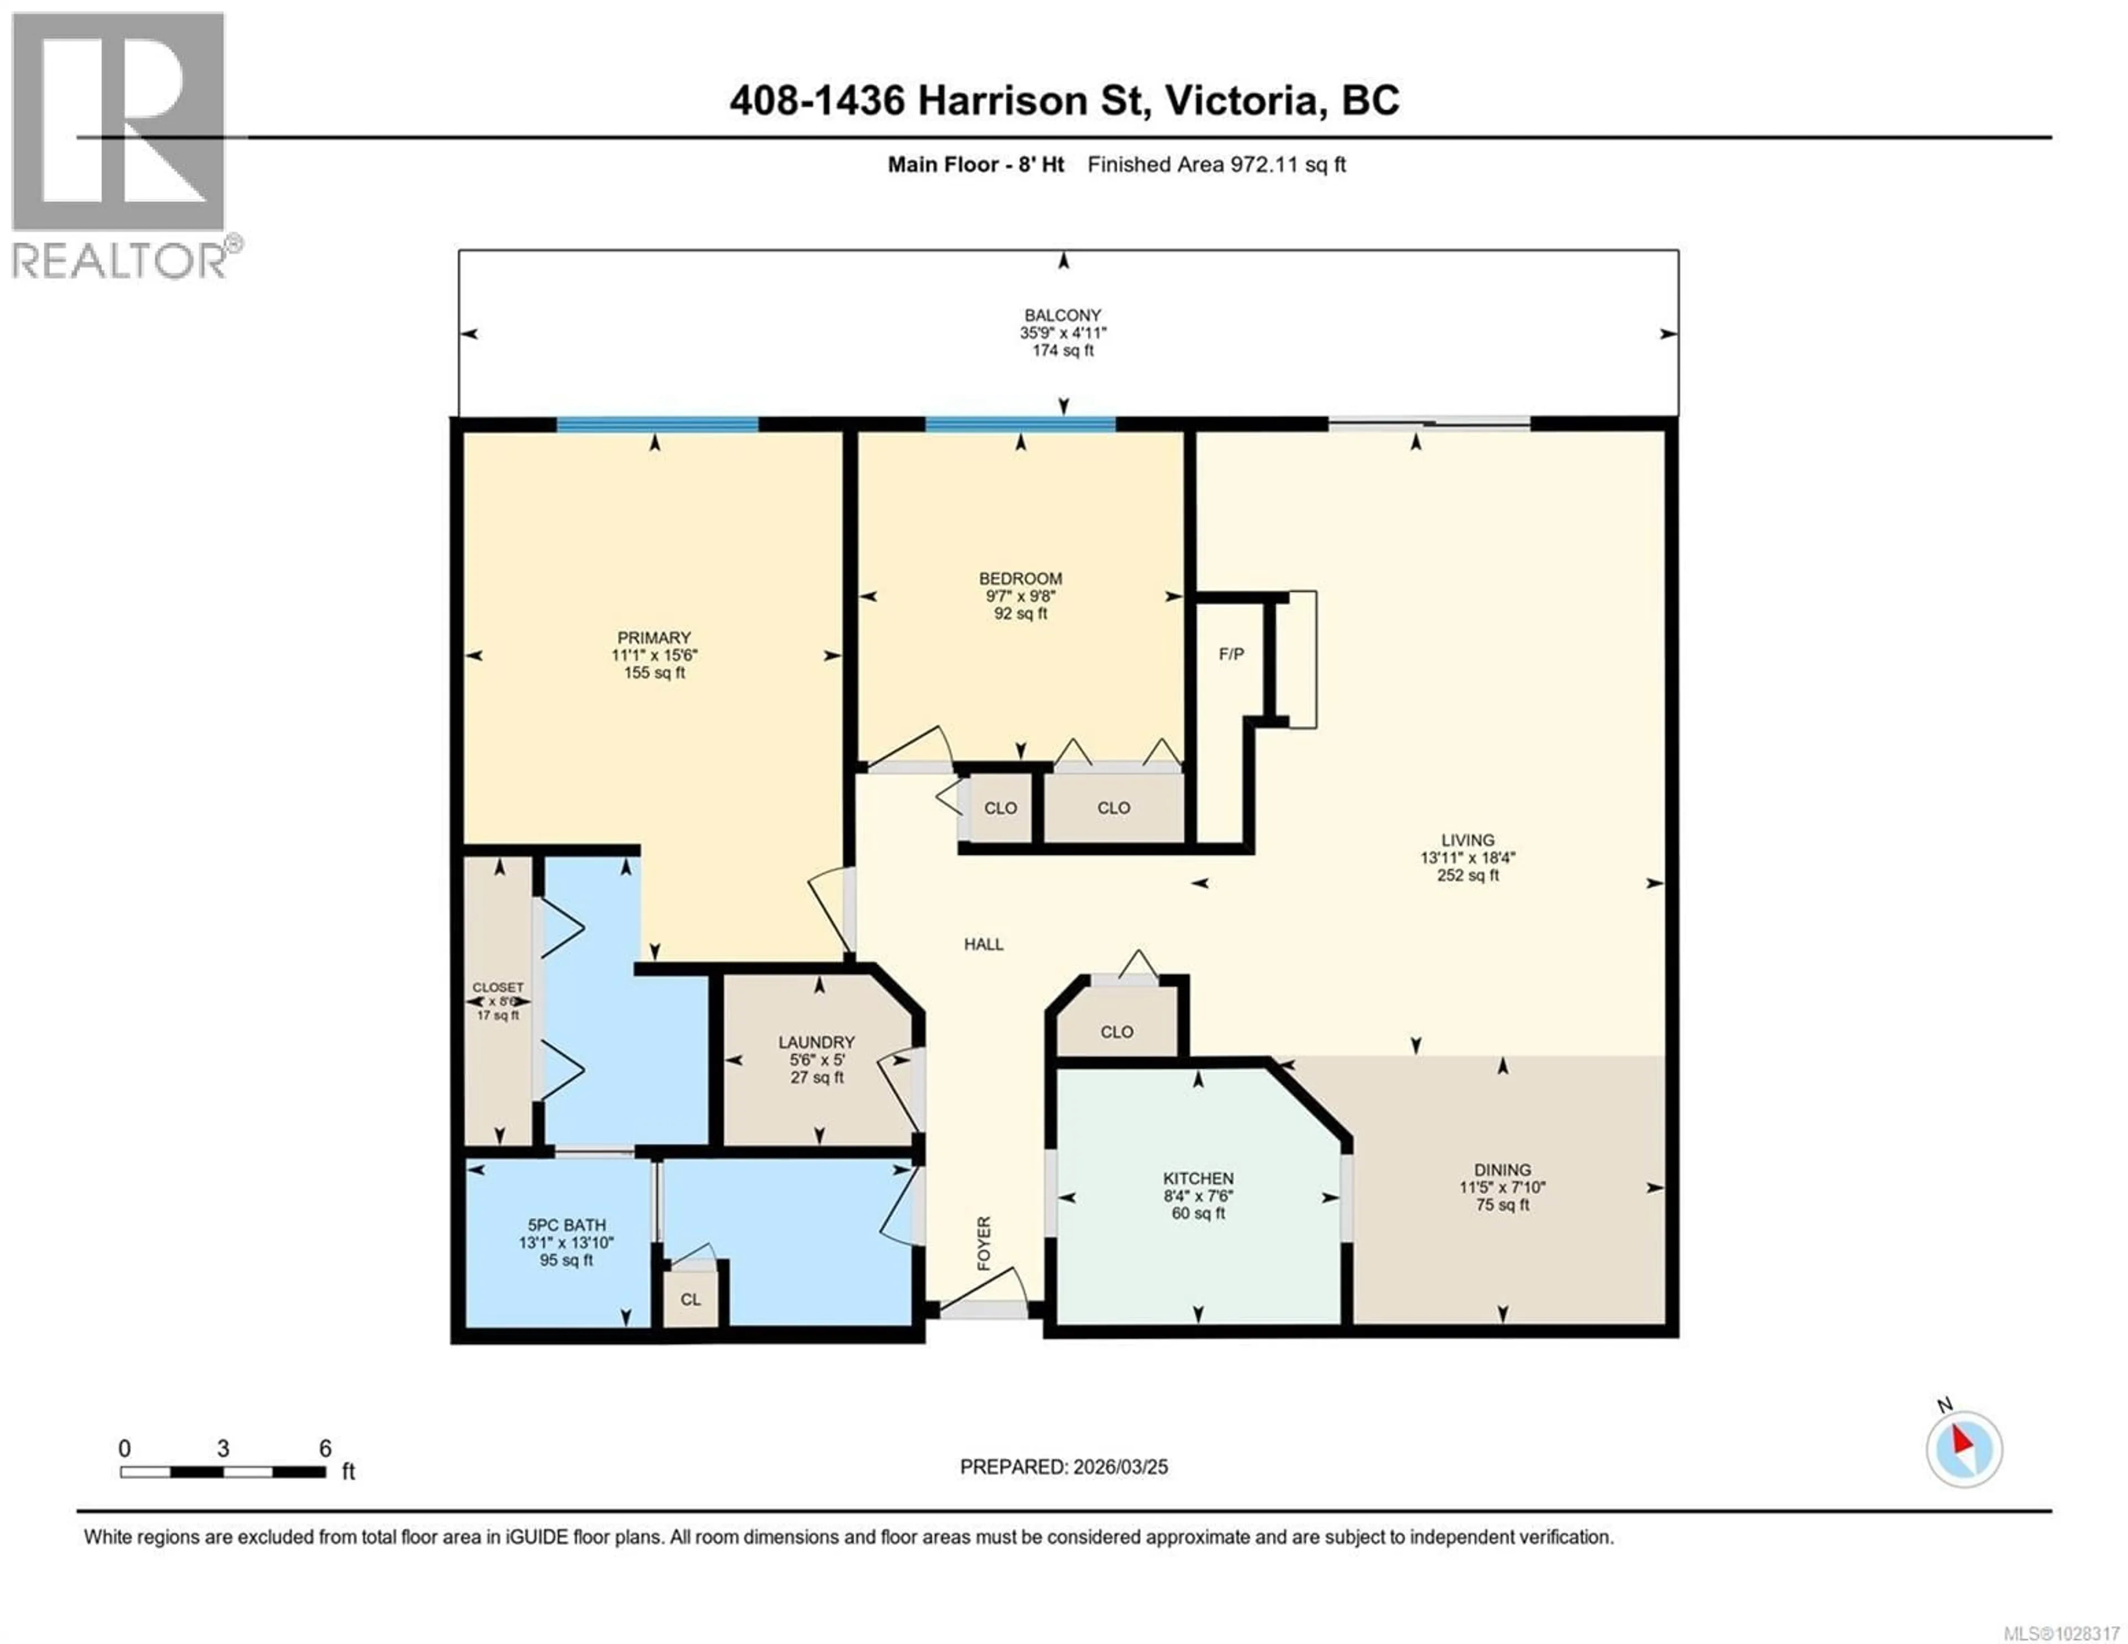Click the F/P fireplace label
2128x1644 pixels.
point(1231,654)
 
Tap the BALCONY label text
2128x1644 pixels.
point(1062,315)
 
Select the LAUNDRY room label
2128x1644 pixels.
point(816,1042)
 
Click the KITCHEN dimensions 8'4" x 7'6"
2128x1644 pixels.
point(1198,1196)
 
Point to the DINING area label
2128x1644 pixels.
point(1501,1169)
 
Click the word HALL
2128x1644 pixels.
point(983,943)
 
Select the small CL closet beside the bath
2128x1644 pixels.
point(690,1299)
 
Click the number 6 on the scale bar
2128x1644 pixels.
point(325,1448)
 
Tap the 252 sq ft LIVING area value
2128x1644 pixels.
point(1467,875)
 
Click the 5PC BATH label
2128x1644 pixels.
point(566,1225)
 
